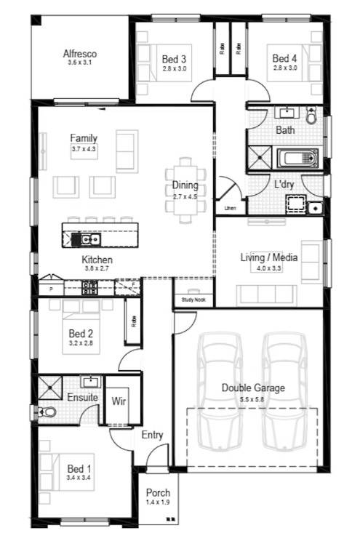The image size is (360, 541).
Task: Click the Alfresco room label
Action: [80, 54]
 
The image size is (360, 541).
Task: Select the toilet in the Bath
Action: [312, 115]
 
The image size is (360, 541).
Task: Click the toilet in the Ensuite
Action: [48, 412]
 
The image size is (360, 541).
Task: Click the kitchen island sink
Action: [89, 238]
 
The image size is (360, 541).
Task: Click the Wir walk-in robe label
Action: [119, 400]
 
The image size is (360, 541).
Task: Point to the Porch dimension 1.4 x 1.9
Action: [158, 502]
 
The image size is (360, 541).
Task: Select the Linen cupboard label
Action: [230, 209]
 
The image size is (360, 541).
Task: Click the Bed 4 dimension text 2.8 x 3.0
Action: [284, 68]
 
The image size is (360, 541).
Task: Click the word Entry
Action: [152, 435]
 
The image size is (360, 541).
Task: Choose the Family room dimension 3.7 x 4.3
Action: [84, 148]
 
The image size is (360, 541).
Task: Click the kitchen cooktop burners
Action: [89, 289]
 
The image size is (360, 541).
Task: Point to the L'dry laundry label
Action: [284, 185]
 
